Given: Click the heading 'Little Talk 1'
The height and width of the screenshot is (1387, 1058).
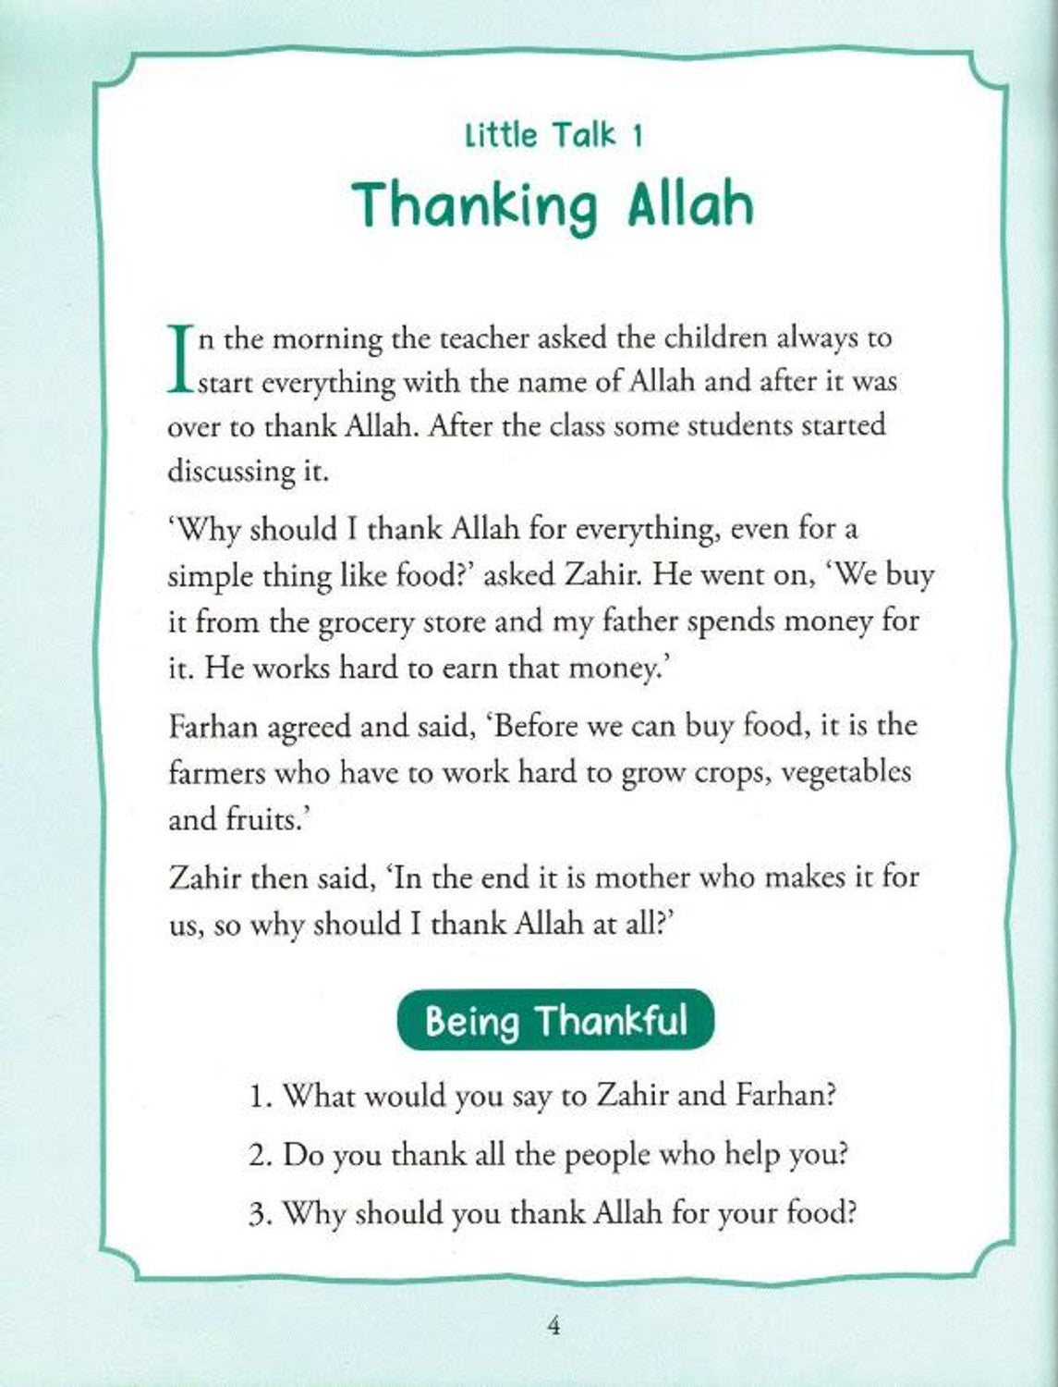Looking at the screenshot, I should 553,136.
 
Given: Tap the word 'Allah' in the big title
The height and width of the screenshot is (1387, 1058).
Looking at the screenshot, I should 691,205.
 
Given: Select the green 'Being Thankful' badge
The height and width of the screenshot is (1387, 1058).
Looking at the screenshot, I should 555,1021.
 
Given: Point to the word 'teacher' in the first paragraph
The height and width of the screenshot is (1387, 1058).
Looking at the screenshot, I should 444,338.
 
